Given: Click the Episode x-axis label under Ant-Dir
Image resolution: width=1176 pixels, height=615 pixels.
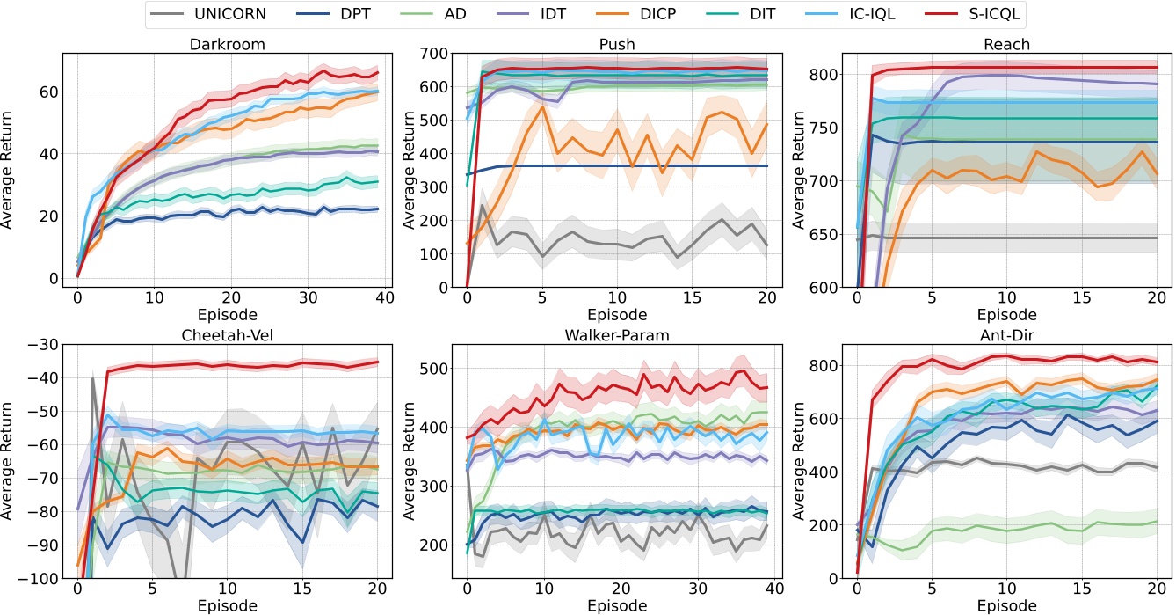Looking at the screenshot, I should click(x=1007, y=606).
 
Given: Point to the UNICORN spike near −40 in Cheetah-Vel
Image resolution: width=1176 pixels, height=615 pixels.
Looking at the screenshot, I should click(x=93, y=378).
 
